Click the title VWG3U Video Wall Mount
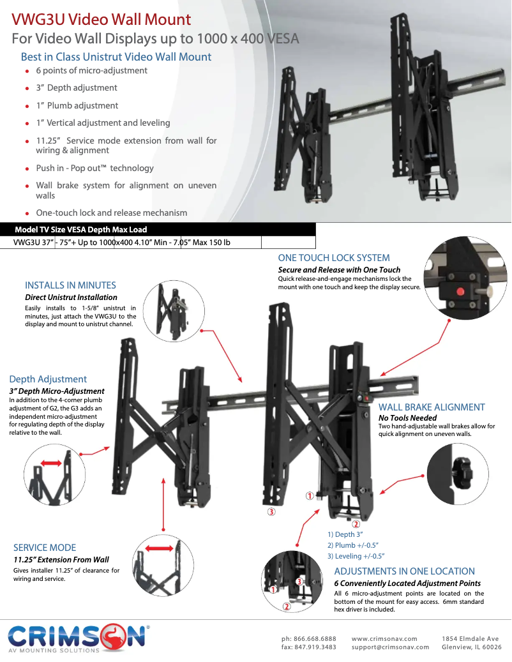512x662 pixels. coord(102,20)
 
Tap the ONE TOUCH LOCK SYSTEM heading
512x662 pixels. coord(333,258)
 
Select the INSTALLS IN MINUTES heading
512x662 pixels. coord(70,285)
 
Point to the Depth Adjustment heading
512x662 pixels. coord(48,379)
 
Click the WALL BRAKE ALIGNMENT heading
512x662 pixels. coord(432,407)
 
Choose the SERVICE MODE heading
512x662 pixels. coord(45,548)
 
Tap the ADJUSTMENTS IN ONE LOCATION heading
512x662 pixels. coord(404,571)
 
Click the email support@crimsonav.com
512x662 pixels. coord(390,647)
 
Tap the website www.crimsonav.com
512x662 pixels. coord(384,638)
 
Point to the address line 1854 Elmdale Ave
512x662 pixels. coord(471,638)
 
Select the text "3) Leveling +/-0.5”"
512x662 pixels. coord(356,556)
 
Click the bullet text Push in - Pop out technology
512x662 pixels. coord(94,169)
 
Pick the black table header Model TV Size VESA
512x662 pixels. coord(80,230)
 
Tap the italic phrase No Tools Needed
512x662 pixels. coord(407,418)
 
